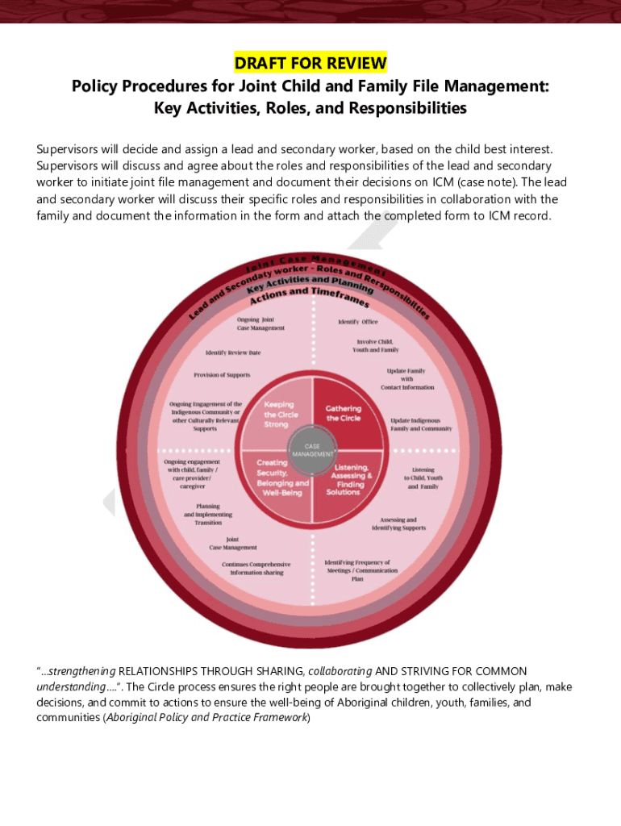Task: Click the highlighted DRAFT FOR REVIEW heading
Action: click(x=310, y=63)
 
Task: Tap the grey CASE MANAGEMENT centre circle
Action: click(x=312, y=449)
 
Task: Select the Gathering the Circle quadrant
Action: click(x=344, y=413)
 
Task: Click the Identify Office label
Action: click(x=358, y=322)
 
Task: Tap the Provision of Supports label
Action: click(x=222, y=375)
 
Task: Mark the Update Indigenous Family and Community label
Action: click(x=421, y=424)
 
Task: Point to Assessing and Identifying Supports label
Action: click(x=399, y=524)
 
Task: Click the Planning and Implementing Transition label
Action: click(x=208, y=515)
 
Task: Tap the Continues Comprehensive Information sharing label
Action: click(x=256, y=568)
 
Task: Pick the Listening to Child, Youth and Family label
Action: click(x=423, y=478)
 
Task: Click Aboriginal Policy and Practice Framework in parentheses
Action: click(x=207, y=718)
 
